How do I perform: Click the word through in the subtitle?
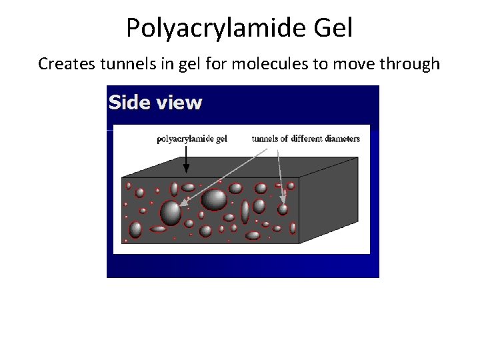410,64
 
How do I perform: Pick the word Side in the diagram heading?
127,103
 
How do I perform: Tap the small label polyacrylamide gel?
192,139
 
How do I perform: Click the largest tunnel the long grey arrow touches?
171,212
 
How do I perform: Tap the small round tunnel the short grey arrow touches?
283,209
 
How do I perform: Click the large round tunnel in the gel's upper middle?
214,199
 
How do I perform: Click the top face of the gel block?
240,167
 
